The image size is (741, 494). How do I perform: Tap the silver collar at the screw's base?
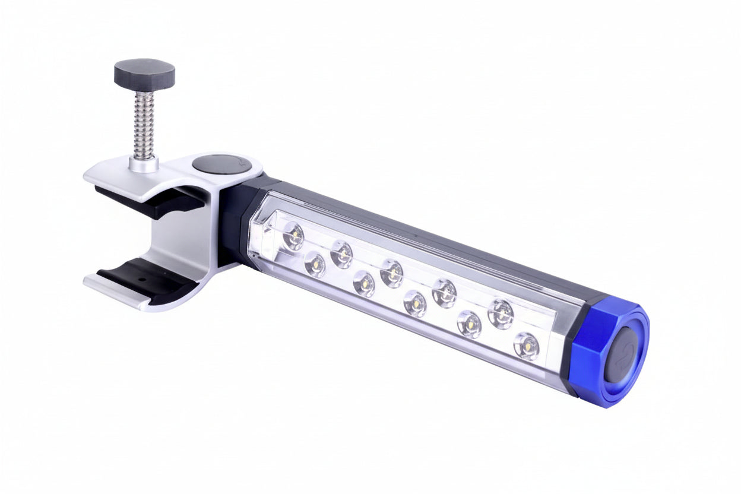(x=144, y=163)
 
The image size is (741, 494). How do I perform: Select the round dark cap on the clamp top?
(x=220, y=165)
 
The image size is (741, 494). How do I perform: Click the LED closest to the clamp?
(x=293, y=236)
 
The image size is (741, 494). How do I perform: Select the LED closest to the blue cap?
(x=526, y=346)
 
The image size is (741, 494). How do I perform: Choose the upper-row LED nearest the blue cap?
(x=501, y=313)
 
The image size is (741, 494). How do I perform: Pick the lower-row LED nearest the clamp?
(x=315, y=264)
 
